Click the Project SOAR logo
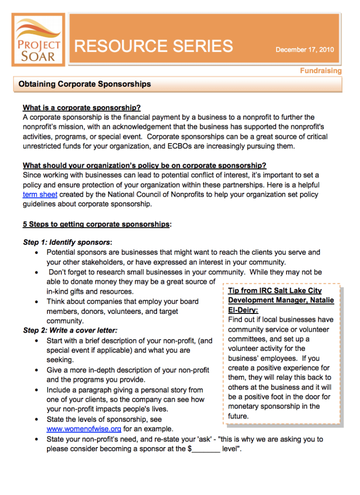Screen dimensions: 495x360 coord(37,40)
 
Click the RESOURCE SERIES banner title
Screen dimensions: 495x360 coord(154,46)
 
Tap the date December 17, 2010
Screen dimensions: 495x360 coord(304,49)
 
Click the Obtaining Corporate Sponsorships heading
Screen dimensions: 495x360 coord(85,84)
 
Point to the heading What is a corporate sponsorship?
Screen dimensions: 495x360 coord(82,107)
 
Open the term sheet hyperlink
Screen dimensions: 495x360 coord(40,194)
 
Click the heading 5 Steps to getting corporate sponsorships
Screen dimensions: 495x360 coord(96,224)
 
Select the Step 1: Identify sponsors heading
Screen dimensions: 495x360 coord(67,243)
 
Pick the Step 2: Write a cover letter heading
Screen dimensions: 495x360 coord(70,330)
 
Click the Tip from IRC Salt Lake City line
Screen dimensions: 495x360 coord(275,291)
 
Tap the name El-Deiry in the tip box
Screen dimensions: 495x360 coord(243,310)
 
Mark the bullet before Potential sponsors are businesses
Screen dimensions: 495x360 coord(37,252)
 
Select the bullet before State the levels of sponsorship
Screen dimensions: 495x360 coord(37,419)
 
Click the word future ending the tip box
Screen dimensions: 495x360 coord(238,416)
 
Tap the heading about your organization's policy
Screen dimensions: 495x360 coord(144,166)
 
